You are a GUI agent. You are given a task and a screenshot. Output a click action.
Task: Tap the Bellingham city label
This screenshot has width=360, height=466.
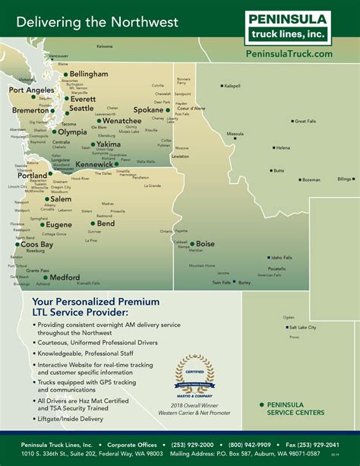(90, 74)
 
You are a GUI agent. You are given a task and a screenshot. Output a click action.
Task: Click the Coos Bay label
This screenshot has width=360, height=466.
(36, 245)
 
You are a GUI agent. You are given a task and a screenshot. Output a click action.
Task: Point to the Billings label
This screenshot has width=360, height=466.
(345, 179)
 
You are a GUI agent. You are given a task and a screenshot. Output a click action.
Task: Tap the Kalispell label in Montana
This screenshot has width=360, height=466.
(232, 86)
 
